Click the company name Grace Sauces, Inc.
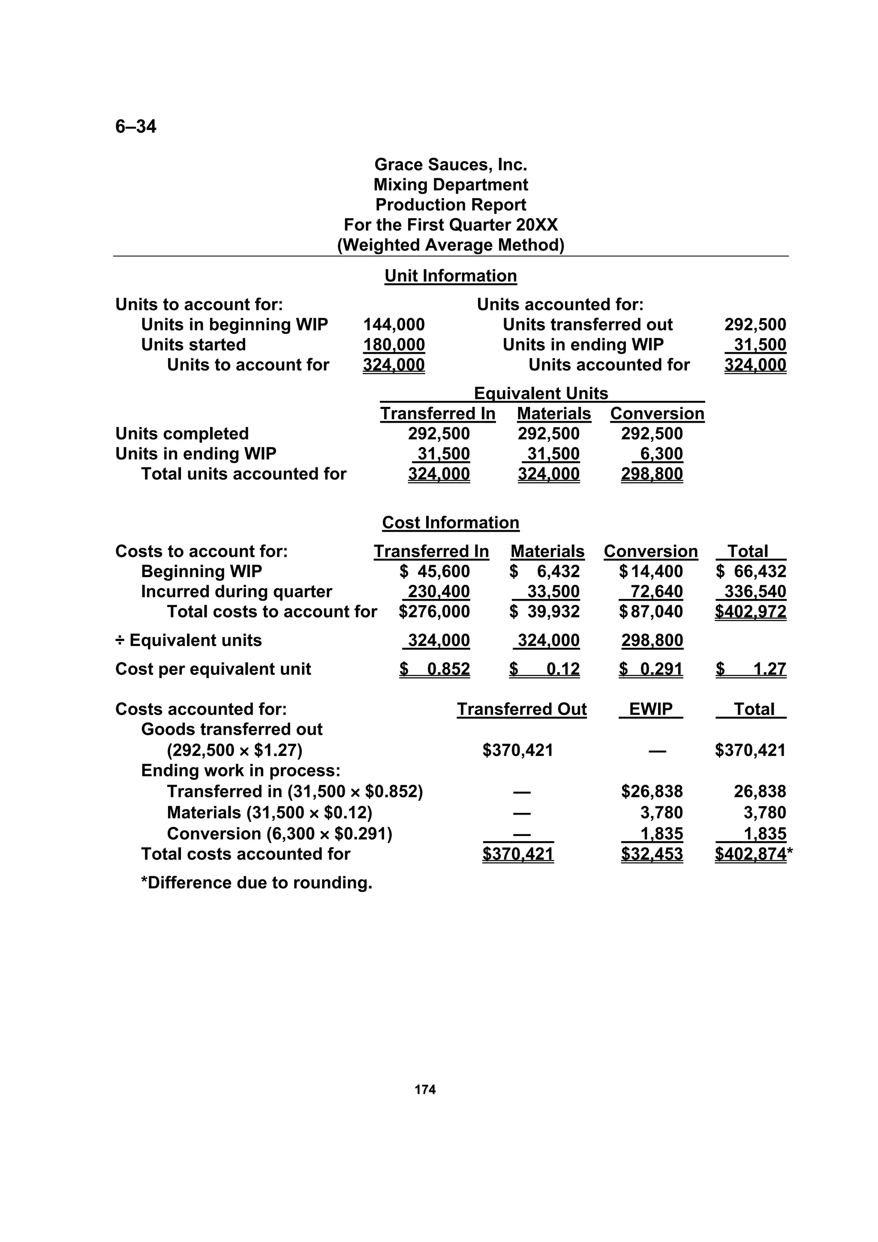point(450,165)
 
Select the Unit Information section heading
point(450,276)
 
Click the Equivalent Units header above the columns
point(541,393)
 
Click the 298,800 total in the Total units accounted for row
point(652,474)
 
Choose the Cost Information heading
point(450,523)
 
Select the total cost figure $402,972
point(750,612)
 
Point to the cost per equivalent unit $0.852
point(435,669)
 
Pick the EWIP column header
point(650,709)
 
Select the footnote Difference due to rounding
point(256,883)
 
